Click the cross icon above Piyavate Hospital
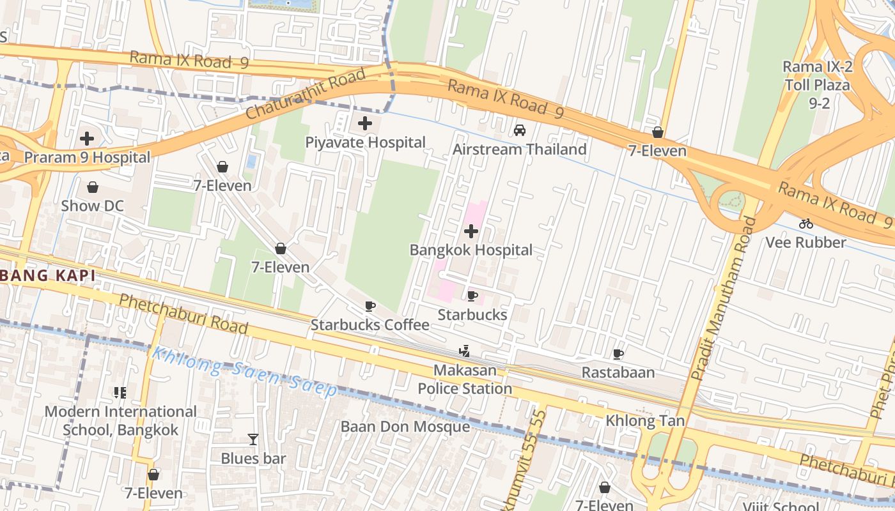[365, 123]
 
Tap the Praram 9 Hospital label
[88, 157]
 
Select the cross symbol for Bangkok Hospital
[471, 231]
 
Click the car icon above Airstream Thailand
[520, 130]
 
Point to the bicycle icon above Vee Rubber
[805, 224]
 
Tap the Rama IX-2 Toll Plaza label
[816, 84]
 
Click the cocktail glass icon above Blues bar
[253, 439]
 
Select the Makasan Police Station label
[465, 379]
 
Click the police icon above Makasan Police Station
[465, 351]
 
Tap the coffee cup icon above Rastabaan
[618, 354]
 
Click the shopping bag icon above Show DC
[93, 187]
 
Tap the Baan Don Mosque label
[405, 427]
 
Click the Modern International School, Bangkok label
[120, 421]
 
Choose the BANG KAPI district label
[48, 276]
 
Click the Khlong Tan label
[645, 421]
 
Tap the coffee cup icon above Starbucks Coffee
[370, 306]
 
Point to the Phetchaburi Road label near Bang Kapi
[183, 314]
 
